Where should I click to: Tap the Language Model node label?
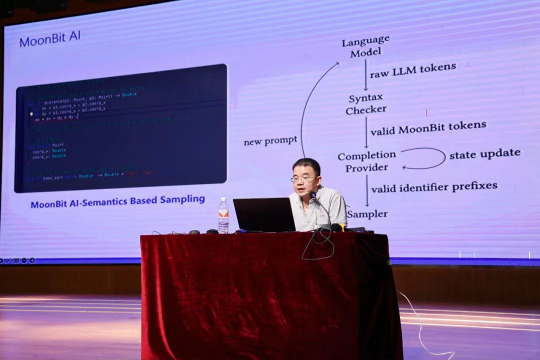click(x=365, y=46)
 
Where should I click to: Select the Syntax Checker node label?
click(x=366, y=104)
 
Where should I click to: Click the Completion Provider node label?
click(x=366, y=161)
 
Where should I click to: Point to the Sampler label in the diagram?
click(x=367, y=214)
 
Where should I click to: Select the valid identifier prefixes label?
click(x=434, y=187)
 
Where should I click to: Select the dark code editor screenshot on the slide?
click(x=121, y=128)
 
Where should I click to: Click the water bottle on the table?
click(x=223, y=216)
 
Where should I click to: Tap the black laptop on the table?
click(x=264, y=214)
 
